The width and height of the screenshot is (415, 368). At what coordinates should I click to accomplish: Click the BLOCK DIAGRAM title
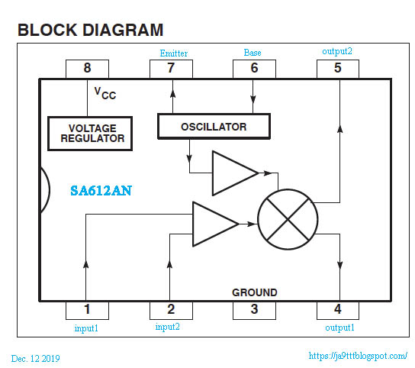[x=90, y=31]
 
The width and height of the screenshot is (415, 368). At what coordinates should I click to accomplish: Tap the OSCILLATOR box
[x=213, y=126]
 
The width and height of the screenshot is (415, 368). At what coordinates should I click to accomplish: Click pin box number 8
[x=87, y=68]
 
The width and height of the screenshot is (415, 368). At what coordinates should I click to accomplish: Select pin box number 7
[x=171, y=68]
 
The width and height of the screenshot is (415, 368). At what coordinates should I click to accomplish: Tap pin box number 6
[x=254, y=68]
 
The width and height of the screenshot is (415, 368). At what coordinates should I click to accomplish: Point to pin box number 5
[x=338, y=68]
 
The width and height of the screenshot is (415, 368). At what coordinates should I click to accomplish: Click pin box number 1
[x=87, y=309]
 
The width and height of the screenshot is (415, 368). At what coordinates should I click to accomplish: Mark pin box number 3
[x=254, y=309]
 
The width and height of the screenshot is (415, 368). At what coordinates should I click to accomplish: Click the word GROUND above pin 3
[x=254, y=292]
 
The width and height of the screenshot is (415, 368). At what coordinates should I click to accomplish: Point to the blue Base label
[x=253, y=53]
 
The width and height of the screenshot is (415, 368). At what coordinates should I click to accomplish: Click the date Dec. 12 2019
[x=36, y=358]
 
